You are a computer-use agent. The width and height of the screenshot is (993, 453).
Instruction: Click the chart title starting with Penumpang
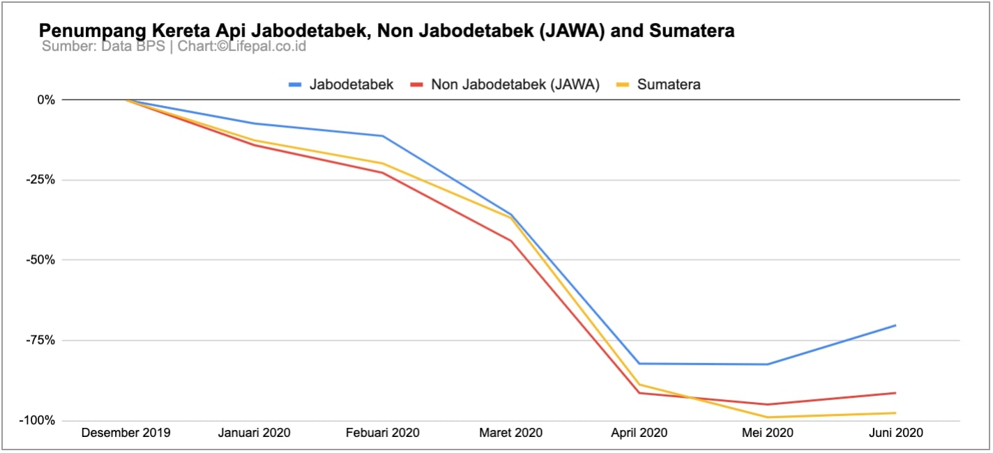(x=386, y=31)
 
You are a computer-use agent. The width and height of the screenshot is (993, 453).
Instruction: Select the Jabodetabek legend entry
(x=341, y=85)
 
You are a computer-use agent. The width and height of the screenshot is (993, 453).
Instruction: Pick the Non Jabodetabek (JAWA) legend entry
(x=505, y=85)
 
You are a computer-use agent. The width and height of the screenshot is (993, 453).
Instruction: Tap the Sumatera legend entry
(x=658, y=85)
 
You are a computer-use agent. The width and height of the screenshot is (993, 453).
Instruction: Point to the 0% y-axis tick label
(x=46, y=100)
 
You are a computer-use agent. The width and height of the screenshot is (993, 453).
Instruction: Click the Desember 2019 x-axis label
(x=126, y=433)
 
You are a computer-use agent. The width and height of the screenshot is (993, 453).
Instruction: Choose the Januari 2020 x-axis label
(x=254, y=433)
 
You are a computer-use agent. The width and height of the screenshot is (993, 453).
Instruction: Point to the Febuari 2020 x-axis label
(x=383, y=433)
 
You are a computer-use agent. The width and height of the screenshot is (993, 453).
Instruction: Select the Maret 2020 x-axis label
(x=511, y=433)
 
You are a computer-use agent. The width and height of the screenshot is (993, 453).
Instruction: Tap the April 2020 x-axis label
(x=639, y=433)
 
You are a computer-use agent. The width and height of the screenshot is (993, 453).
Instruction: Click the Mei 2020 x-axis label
(x=768, y=433)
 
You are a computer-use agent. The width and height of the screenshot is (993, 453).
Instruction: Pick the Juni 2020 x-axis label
(x=895, y=433)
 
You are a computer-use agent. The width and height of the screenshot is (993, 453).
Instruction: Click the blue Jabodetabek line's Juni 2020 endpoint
(x=895, y=325)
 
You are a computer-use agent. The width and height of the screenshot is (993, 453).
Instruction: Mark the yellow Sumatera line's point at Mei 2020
(x=768, y=417)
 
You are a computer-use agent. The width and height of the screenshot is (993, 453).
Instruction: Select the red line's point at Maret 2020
(x=511, y=241)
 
